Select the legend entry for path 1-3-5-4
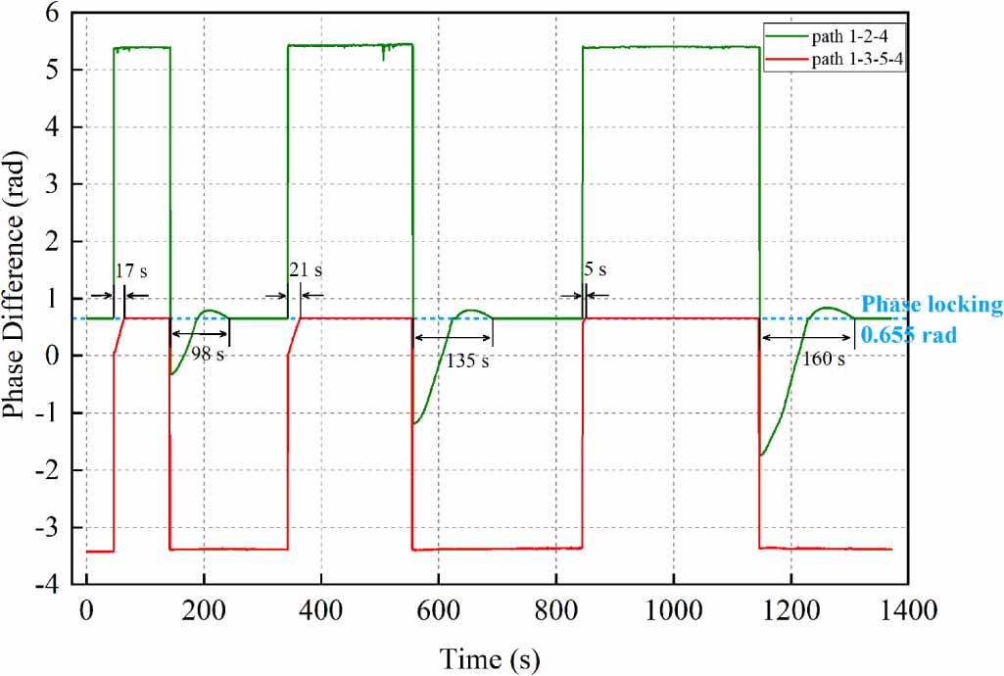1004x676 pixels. (x=852, y=61)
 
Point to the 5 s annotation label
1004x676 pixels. (x=595, y=269)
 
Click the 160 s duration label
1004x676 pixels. (x=821, y=360)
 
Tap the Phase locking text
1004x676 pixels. (x=931, y=306)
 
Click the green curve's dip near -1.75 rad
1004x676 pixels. (x=763, y=454)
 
